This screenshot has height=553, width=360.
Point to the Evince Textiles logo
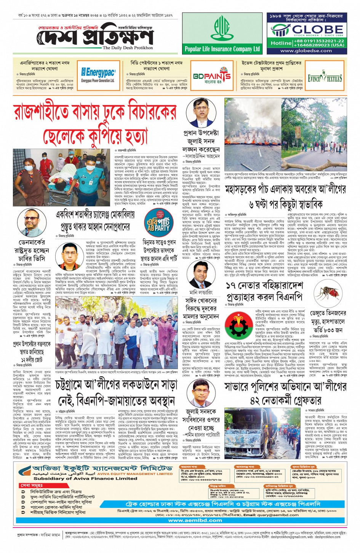click(x=325, y=78)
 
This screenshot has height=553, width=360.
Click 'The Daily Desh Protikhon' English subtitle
click(x=128, y=48)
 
